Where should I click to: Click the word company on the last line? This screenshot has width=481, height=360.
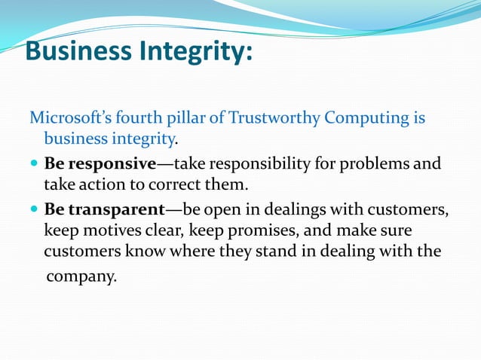81,276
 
